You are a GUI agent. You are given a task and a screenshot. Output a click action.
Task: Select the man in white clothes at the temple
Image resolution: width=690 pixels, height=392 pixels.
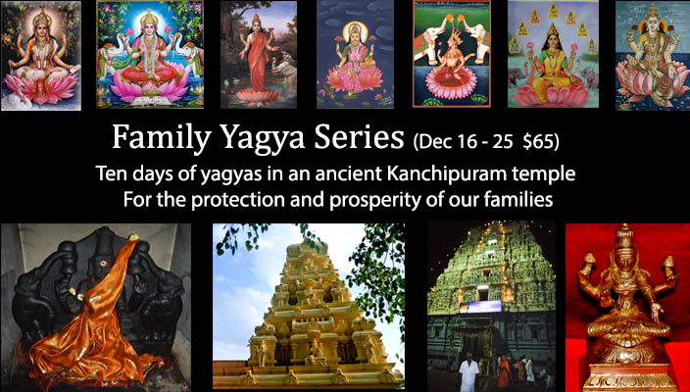tap(469, 370)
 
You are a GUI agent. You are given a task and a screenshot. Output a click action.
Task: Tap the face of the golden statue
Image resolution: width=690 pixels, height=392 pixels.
tap(626, 264)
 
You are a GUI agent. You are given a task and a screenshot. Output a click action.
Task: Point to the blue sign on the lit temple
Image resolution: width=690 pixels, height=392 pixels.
tap(484, 306)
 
